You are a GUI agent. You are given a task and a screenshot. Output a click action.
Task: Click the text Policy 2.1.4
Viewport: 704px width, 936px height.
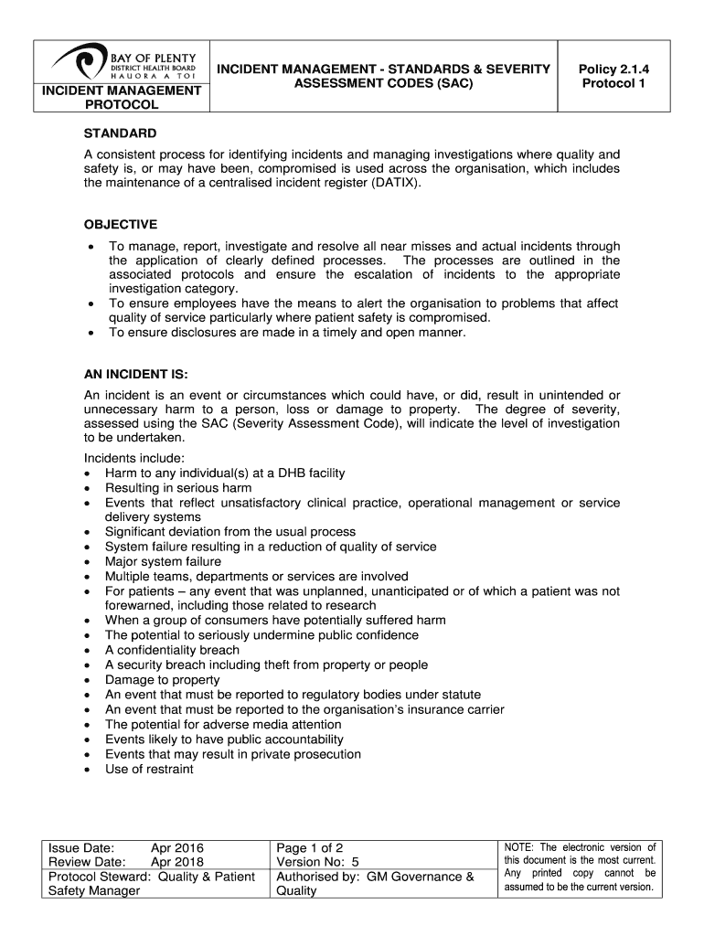coord(613,69)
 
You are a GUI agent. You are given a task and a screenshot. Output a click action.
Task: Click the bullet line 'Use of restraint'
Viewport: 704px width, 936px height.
coord(149,769)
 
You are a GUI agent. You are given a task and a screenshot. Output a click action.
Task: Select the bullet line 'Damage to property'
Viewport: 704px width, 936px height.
coord(162,680)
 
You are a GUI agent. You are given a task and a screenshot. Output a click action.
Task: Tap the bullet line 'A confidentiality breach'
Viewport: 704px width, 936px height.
coord(172,650)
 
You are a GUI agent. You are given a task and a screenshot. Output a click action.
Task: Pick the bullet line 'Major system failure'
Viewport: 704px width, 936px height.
coord(163,561)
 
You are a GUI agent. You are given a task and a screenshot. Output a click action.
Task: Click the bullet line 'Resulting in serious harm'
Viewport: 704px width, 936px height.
coord(179,487)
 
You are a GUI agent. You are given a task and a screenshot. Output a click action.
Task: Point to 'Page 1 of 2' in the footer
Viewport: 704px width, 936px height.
coord(309,847)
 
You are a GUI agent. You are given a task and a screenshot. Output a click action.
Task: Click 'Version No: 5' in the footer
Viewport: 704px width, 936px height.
coord(317,862)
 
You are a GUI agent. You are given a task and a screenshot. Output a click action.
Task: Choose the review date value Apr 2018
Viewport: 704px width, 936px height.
coord(176,862)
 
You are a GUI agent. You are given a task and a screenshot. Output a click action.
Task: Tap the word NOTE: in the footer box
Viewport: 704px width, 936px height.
coord(520,847)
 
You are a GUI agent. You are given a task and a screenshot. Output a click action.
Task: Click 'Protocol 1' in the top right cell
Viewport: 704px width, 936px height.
coord(613,84)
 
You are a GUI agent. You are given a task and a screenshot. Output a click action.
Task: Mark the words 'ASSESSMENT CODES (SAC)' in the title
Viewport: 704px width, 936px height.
coord(383,84)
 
